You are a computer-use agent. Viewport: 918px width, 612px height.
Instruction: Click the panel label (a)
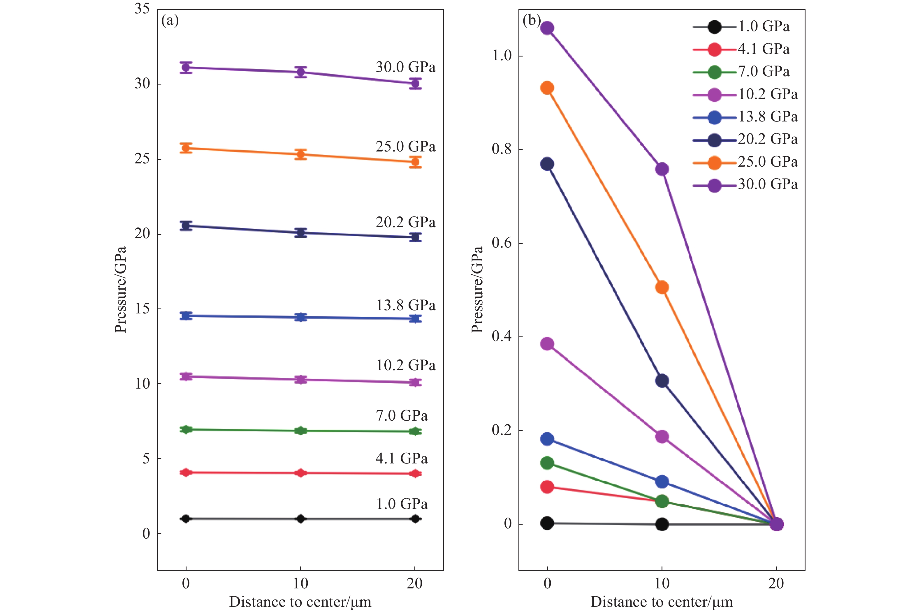[170, 20]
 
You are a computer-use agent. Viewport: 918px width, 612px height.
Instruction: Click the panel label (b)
[532, 20]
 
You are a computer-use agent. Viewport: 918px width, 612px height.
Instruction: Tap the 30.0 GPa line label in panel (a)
[405, 67]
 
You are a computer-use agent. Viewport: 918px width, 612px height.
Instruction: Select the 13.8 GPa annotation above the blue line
[405, 305]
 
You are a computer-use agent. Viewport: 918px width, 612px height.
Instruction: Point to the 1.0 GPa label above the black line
[401, 504]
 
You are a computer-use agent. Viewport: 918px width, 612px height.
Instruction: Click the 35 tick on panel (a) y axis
[142, 8]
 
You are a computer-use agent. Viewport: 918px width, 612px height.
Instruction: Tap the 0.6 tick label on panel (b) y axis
[501, 243]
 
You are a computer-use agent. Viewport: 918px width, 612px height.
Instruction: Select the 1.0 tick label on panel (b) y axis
[501, 56]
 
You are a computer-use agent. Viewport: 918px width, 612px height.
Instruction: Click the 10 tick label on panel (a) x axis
[300, 583]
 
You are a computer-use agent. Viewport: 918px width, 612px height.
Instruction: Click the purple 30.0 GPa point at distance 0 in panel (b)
[547, 28]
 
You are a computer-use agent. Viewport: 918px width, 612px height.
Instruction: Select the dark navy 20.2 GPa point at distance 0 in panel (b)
[547, 164]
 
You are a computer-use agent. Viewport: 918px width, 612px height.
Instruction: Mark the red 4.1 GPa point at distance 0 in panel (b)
[547, 487]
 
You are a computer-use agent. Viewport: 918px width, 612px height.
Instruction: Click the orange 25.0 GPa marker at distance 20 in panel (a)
[415, 162]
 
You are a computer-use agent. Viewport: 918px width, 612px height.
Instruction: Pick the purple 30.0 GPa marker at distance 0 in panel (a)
[186, 68]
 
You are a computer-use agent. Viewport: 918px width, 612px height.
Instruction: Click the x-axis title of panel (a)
[300, 602]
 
